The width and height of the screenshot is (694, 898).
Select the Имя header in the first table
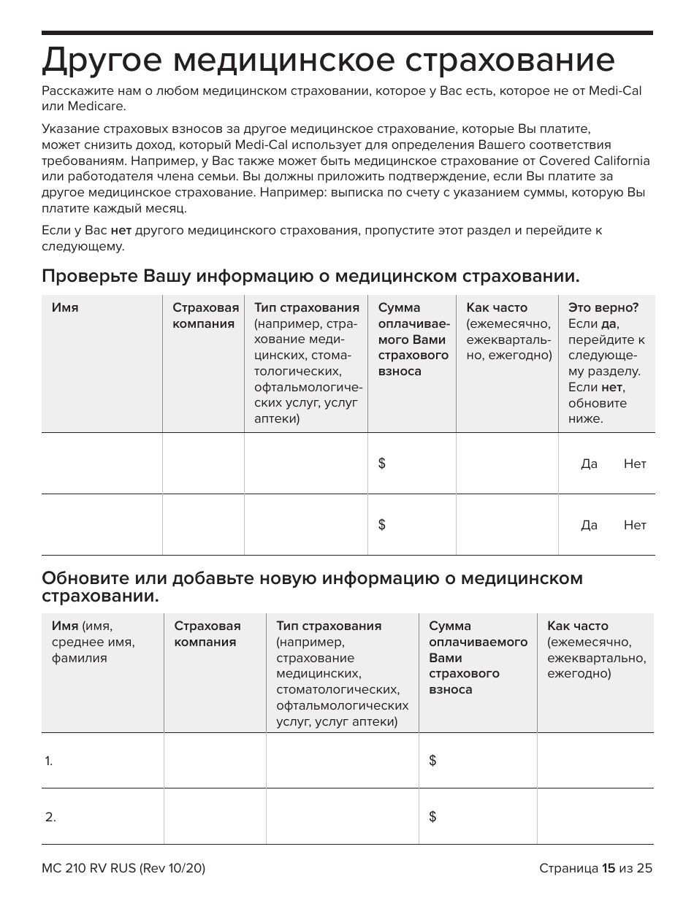(65, 307)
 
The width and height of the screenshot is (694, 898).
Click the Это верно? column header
(603, 307)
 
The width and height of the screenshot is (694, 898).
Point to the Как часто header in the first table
(497, 307)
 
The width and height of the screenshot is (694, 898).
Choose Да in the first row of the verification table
(589, 464)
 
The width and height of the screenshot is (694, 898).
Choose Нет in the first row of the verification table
(635, 464)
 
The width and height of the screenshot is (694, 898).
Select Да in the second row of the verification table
(589, 525)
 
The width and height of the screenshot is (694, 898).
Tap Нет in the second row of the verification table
(635, 525)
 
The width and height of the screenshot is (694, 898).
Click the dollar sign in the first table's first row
(381, 464)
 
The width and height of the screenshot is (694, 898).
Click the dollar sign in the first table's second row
(381, 524)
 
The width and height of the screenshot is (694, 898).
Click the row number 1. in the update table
(49, 761)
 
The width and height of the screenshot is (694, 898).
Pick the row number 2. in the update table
(50, 817)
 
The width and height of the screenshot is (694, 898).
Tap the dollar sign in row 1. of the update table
(432, 761)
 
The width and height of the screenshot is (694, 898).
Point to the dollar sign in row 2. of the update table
(432, 817)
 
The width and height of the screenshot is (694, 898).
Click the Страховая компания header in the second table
(207, 634)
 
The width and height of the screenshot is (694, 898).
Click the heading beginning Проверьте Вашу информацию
(310, 276)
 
